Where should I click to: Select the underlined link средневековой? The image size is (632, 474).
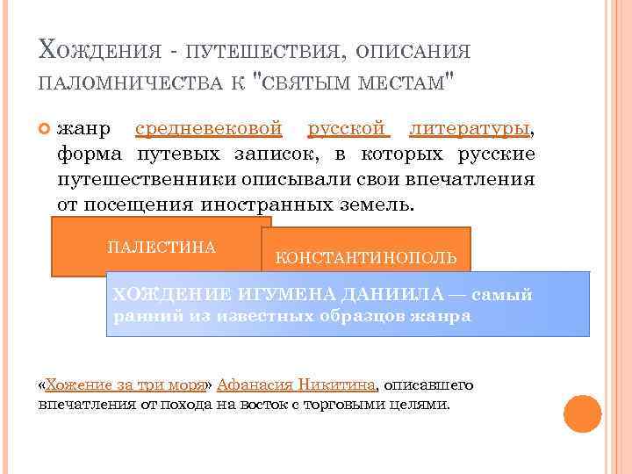coord(209,129)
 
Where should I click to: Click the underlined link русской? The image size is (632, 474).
coord(348,129)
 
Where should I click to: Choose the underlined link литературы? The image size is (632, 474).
coord(470,129)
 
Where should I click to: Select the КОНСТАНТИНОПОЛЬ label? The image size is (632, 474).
coord(366,258)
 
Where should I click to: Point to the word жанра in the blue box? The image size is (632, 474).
coord(440,316)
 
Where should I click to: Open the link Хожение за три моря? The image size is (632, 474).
coord(125,384)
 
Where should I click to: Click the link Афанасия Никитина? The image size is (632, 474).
coord(296,384)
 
